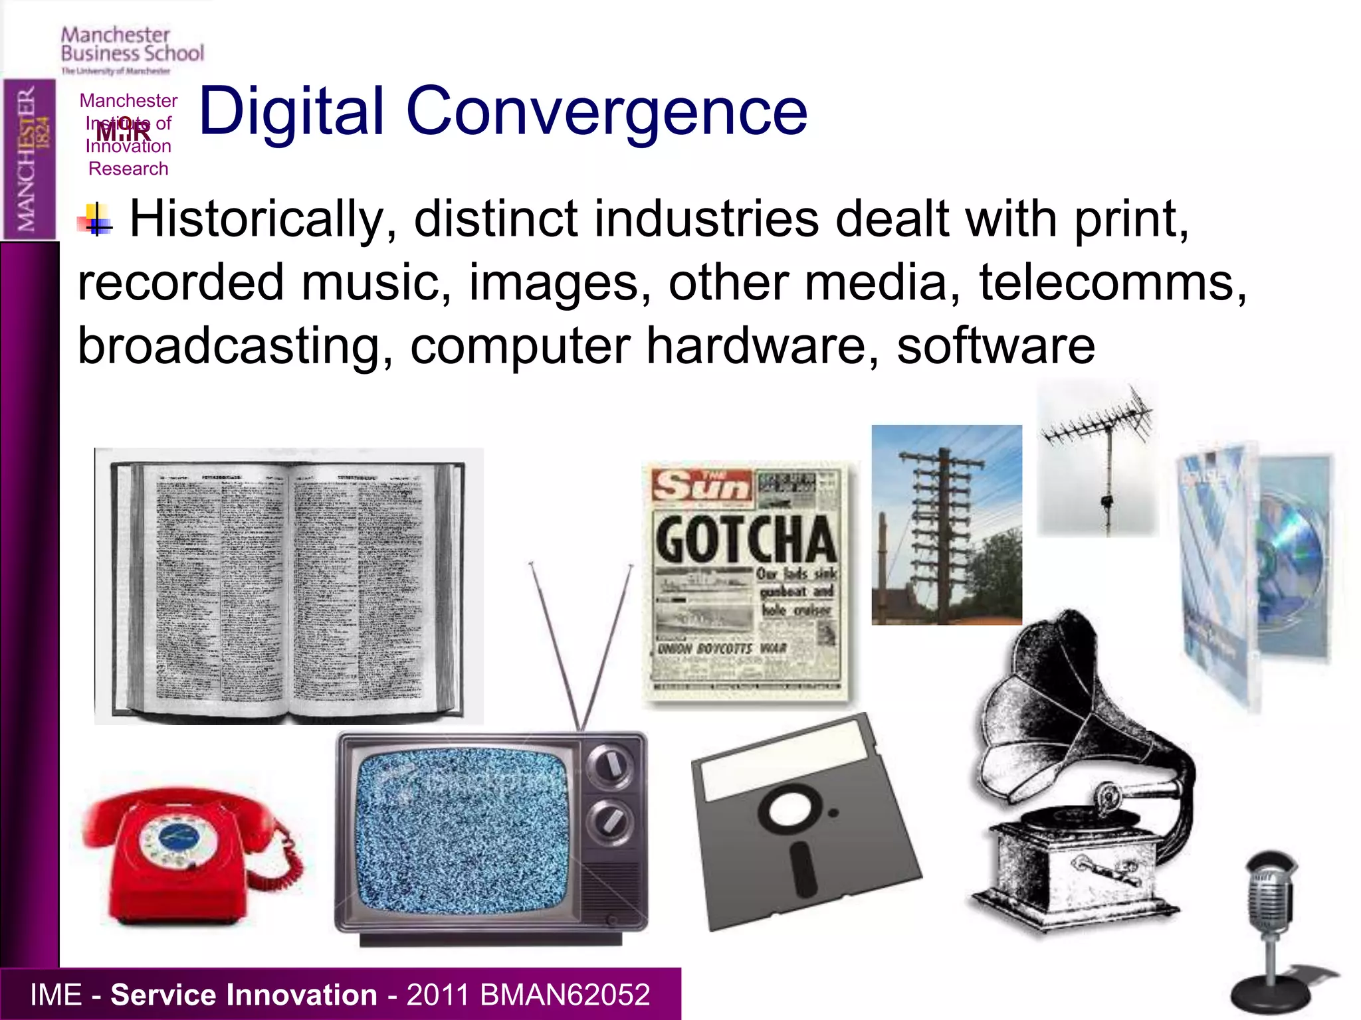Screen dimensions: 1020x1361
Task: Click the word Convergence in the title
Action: coord(606,112)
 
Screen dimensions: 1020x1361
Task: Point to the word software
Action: coord(995,346)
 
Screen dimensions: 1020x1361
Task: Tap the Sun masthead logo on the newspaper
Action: coord(702,486)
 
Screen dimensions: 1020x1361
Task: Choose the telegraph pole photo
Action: coord(946,525)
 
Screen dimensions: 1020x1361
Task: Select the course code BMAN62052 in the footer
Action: coord(564,995)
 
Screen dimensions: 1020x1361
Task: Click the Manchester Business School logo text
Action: coord(132,45)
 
